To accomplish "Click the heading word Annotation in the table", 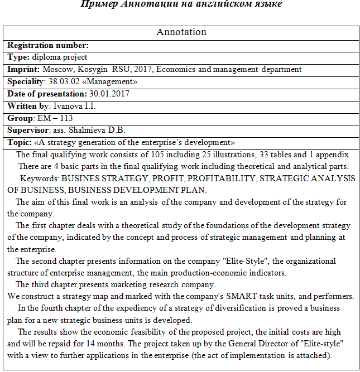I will coord(181,32).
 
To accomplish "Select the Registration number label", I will coord(48,45).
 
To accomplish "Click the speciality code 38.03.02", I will coord(64,81).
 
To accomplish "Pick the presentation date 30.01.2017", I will coord(109,94).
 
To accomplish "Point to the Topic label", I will coord(20,142).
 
